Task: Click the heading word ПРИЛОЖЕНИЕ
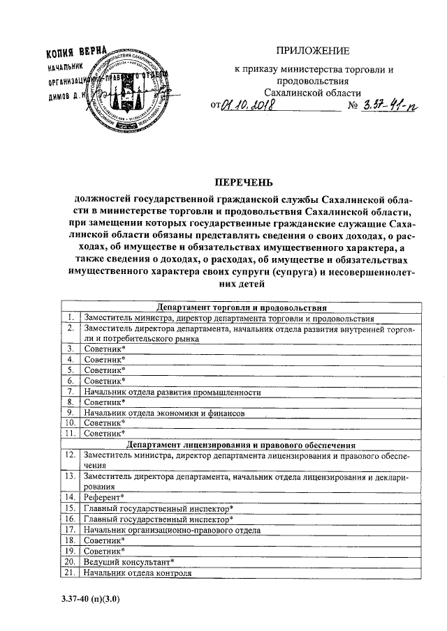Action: coord(313,50)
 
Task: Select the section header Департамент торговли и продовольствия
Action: coord(241,307)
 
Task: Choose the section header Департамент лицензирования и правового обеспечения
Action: coord(241,443)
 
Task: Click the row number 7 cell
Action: coord(71,392)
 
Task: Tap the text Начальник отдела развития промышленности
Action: coord(171,392)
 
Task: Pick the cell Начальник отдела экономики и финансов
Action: coord(164,412)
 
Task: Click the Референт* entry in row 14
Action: coord(103,497)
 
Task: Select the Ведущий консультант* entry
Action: coord(129,561)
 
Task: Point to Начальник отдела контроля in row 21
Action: coord(137,572)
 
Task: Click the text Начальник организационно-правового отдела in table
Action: coord(171,529)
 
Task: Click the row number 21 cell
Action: coord(70,572)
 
